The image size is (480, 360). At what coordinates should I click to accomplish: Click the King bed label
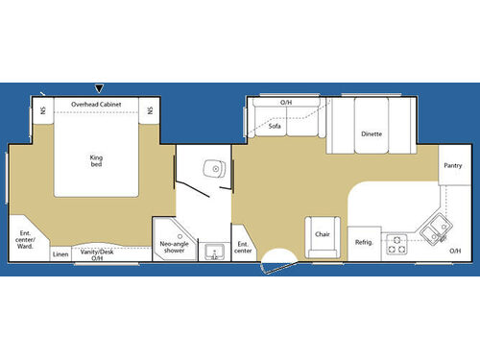click(x=96, y=160)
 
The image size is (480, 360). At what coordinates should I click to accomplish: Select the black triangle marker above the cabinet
click(x=100, y=88)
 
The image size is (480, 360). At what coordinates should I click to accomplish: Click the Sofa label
click(x=275, y=126)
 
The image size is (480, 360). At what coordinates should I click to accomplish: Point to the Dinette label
click(x=372, y=133)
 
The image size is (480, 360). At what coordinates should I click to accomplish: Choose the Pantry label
click(x=453, y=165)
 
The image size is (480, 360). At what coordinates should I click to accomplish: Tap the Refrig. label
click(x=363, y=242)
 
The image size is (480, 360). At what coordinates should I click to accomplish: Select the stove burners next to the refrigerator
click(x=396, y=245)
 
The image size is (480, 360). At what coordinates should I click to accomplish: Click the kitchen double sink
click(x=435, y=228)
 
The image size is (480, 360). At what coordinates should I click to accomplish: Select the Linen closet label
click(x=60, y=253)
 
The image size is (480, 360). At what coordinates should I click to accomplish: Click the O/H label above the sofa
click(x=286, y=102)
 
